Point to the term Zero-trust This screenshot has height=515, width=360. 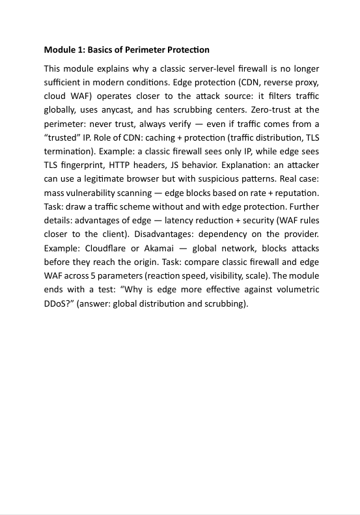(x=278, y=110)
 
